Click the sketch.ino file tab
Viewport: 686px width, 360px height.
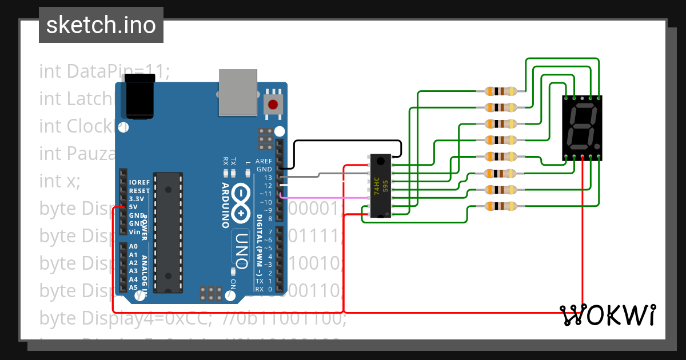coord(101,25)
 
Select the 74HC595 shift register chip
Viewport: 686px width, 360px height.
coord(380,186)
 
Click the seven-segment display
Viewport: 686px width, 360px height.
coord(582,127)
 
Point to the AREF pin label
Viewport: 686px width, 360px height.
coord(264,161)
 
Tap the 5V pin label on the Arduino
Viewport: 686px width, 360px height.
coord(133,206)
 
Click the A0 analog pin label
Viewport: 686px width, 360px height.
coord(133,246)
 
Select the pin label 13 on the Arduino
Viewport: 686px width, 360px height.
coord(268,178)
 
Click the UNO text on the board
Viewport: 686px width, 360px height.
coord(241,250)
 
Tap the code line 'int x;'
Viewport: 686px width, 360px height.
coord(60,181)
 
